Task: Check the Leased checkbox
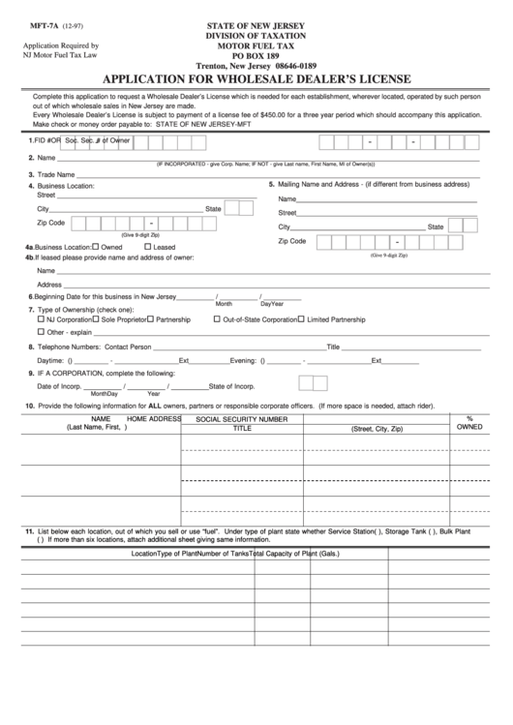pos(145,247)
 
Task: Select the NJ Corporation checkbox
pos(40,318)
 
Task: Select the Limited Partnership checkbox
pos(301,318)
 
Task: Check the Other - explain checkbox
pos(40,331)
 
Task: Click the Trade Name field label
pos(57,174)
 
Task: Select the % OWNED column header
pos(468,422)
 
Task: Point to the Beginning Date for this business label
pos(106,296)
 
